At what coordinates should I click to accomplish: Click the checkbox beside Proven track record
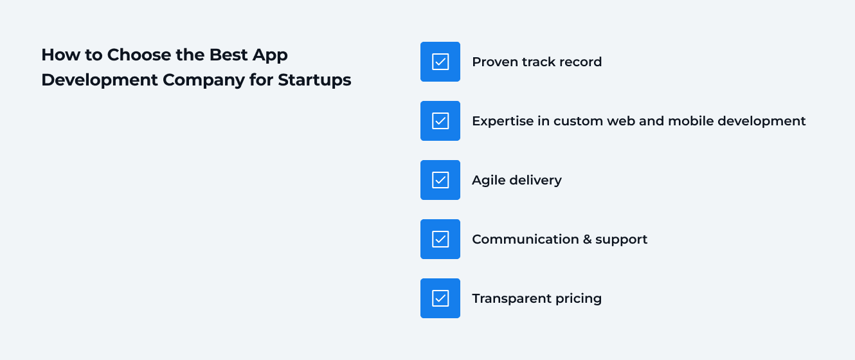(440, 62)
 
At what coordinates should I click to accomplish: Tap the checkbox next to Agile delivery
(440, 180)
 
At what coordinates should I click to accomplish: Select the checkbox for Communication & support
(440, 239)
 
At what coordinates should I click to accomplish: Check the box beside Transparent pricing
(440, 298)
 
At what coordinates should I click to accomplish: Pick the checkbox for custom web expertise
(440, 121)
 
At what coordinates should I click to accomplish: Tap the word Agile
(488, 181)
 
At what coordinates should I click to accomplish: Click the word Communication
(525, 239)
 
